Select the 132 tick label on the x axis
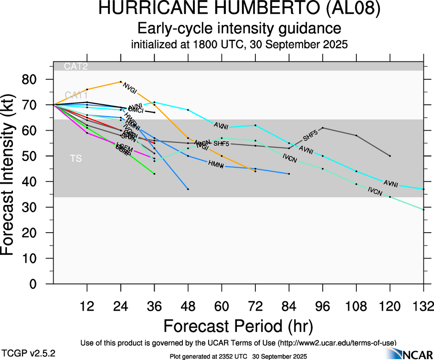tap(423, 306)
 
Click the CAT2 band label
tap(76, 66)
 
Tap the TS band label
tap(76, 159)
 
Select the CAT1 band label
tap(76, 95)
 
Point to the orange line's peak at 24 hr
tap(121, 82)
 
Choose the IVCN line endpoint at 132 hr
tap(423, 210)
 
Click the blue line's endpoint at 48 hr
tap(188, 189)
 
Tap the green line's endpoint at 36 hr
tap(154, 174)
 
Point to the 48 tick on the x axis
tap(188, 306)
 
